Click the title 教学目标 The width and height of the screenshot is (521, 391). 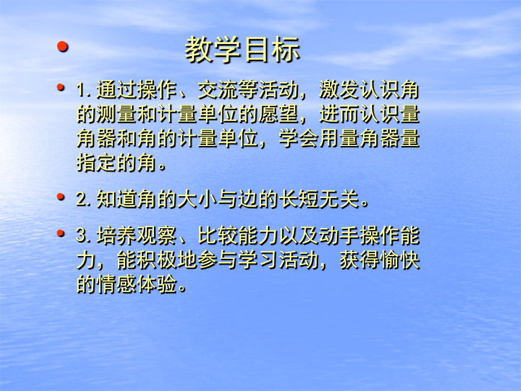click(x=243, y=50)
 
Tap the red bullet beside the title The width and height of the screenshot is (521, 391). click(x=63, y=46)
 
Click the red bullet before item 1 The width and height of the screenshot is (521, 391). click(x=60, y=87)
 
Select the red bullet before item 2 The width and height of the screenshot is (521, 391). click(x=60, y=197)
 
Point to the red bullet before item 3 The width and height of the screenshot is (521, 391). click(x=60, y=233)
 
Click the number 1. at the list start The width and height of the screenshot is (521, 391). click(x=84, y=90)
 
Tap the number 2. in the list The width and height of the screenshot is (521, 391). click(x=84, y=199)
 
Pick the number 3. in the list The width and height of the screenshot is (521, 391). click(x=84, y=236)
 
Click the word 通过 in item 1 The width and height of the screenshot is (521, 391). click(x=116, y=90)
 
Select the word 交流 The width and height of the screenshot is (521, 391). click(x=218, y=90)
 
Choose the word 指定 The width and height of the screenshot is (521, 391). click(x=97, y=163)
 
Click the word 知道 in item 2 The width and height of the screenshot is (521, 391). click(x=116, y=199)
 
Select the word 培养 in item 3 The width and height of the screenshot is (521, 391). click(x=116, y=236)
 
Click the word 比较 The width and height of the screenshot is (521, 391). click(x=218, y=236)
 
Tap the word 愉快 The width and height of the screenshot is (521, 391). click(x=400, y=260)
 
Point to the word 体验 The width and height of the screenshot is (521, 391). click(x=157, y=284)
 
